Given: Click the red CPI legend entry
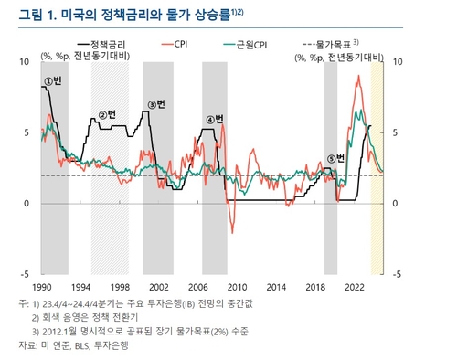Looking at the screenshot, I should pos(180,44).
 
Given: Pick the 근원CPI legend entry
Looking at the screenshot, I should pos(247,44).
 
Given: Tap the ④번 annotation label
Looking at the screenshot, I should pos(214,119).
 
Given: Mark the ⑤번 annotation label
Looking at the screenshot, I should pos(337,157).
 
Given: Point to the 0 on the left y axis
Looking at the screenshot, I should pos(27,203).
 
